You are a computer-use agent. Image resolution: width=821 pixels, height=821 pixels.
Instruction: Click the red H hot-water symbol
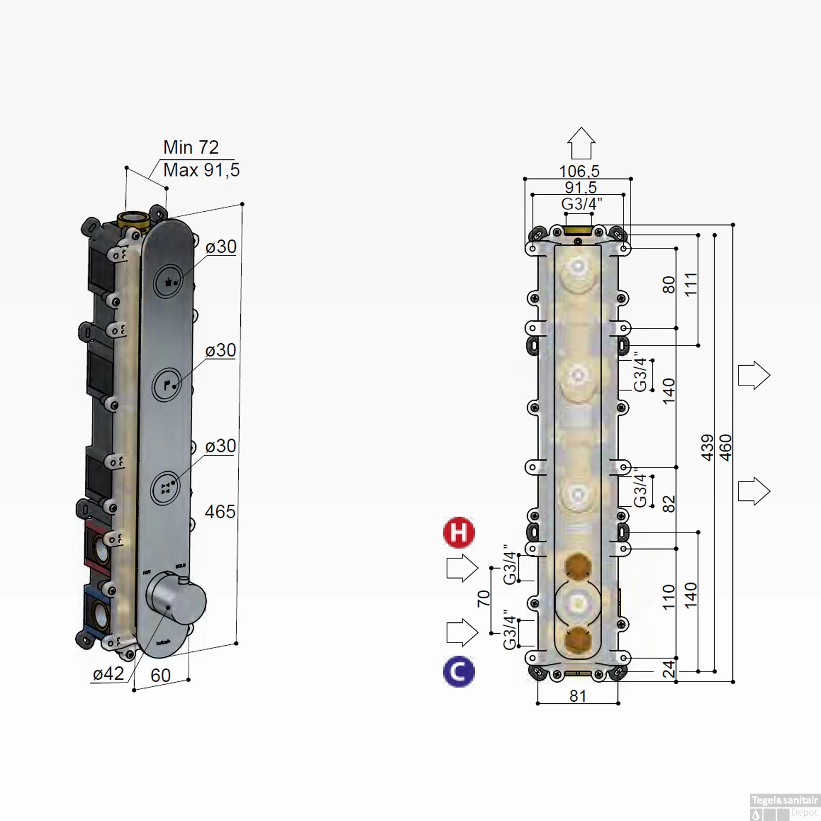459,532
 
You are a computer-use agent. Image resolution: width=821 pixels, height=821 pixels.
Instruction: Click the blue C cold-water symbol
459,671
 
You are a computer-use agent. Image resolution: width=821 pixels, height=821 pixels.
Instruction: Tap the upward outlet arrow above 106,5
581,143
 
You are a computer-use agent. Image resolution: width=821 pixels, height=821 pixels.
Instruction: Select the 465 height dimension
220,512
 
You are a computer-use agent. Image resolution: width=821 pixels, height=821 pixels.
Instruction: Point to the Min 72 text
191,147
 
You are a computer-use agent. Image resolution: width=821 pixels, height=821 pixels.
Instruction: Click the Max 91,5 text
201,170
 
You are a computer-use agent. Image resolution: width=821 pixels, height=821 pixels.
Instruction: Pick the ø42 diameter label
108,674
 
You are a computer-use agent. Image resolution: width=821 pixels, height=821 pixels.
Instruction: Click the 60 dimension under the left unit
160,676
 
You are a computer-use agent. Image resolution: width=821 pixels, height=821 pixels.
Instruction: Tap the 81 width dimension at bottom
578,696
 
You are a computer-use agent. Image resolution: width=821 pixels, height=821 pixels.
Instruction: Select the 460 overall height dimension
725,448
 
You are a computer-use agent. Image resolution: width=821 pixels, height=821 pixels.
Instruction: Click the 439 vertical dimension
708,448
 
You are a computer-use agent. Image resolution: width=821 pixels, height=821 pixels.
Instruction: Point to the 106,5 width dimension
579,171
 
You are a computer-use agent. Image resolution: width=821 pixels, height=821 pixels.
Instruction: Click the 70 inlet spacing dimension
483,598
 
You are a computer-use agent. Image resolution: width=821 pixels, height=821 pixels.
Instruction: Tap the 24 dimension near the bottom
669,669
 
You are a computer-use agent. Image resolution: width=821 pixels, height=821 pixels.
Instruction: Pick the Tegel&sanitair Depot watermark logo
784,807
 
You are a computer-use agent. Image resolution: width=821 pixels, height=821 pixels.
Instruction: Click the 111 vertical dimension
691,285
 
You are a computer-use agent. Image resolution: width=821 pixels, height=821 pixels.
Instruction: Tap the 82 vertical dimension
669,504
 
